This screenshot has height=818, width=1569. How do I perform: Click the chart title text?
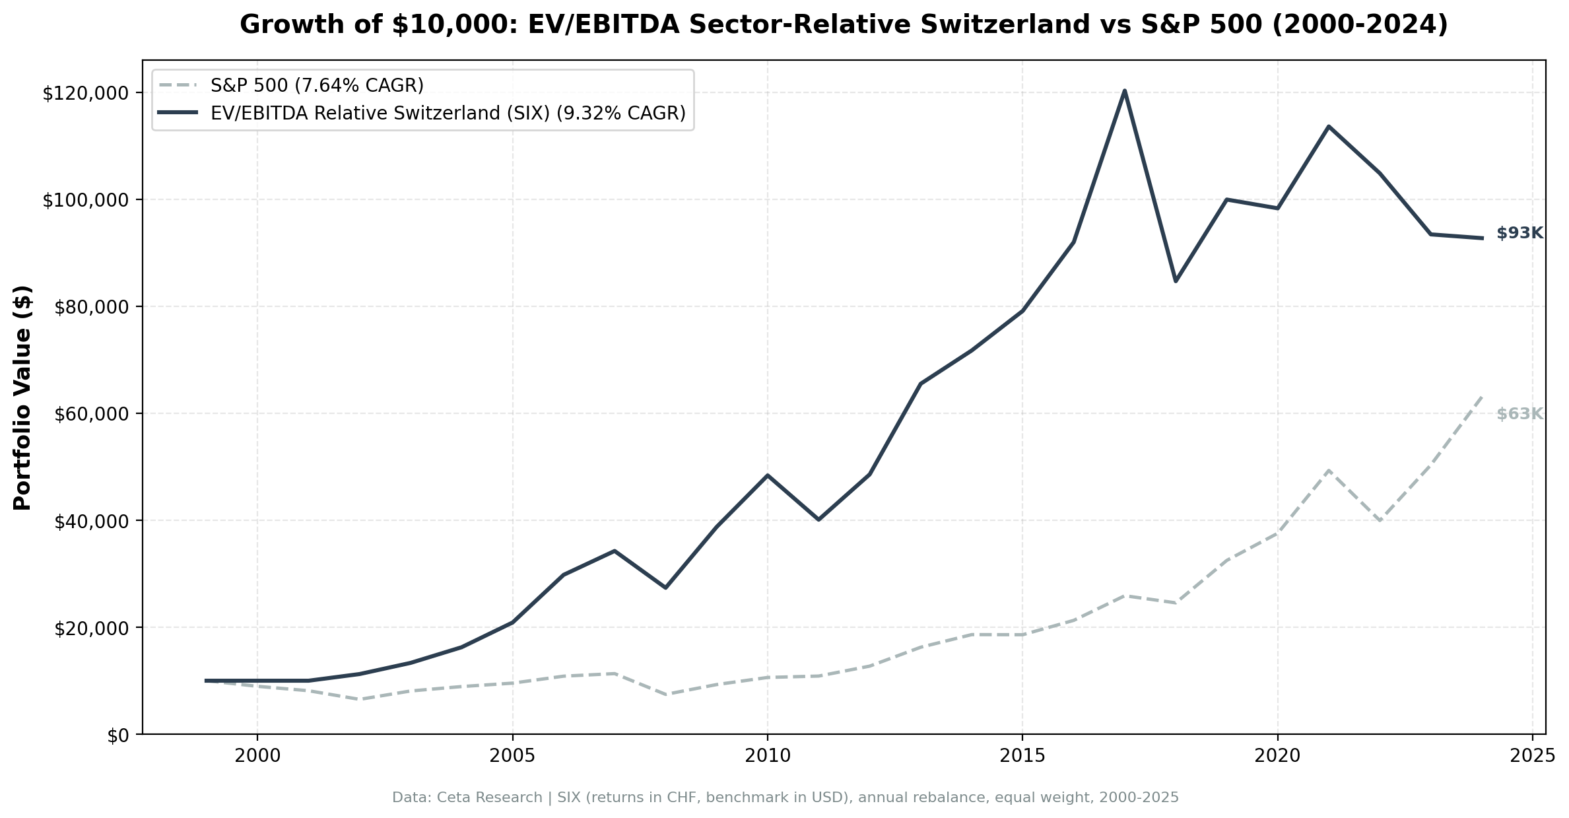click(x=844, y=25)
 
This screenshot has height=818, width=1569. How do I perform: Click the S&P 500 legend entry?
click(x=317, y=85)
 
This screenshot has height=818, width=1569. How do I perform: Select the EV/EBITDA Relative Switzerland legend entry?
click(x=448, y=114)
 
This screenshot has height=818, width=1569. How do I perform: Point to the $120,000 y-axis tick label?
click(x=84, y=93)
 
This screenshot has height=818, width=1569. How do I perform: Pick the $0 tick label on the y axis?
click(x=117, y=735)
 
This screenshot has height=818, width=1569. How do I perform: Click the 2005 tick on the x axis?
click(x=512, y=756)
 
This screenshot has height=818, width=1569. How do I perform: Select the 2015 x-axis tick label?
click(x=1022, y=756)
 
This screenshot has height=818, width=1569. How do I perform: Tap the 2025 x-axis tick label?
click(x=1532, y=756)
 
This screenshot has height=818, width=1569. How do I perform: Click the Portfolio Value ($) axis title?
click(x=22, y=397)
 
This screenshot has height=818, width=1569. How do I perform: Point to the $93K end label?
click(x=1519, y=233)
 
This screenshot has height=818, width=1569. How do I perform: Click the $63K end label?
click(x=1519, y=414)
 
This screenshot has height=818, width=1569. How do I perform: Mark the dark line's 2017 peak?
click(x=1124, y=90)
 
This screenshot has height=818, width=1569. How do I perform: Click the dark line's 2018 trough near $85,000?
click(x=1176, y=281)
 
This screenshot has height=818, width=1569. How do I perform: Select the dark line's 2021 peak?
click(x=1328, y=126)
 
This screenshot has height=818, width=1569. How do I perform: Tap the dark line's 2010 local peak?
click(x=767, y=475)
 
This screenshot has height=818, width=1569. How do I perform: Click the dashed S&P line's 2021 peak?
click(x=1328, y=470)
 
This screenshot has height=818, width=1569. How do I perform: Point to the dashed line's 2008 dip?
click(x=665, y=695)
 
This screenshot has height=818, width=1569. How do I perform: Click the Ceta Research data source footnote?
click(x=785, y=798)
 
